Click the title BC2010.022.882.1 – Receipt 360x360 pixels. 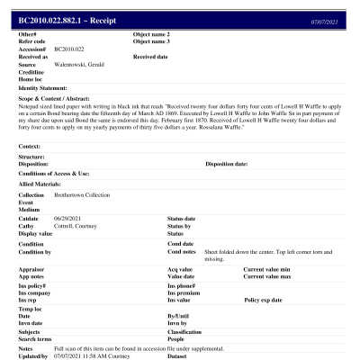coord(67,20)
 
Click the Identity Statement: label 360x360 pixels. coord(43,87)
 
